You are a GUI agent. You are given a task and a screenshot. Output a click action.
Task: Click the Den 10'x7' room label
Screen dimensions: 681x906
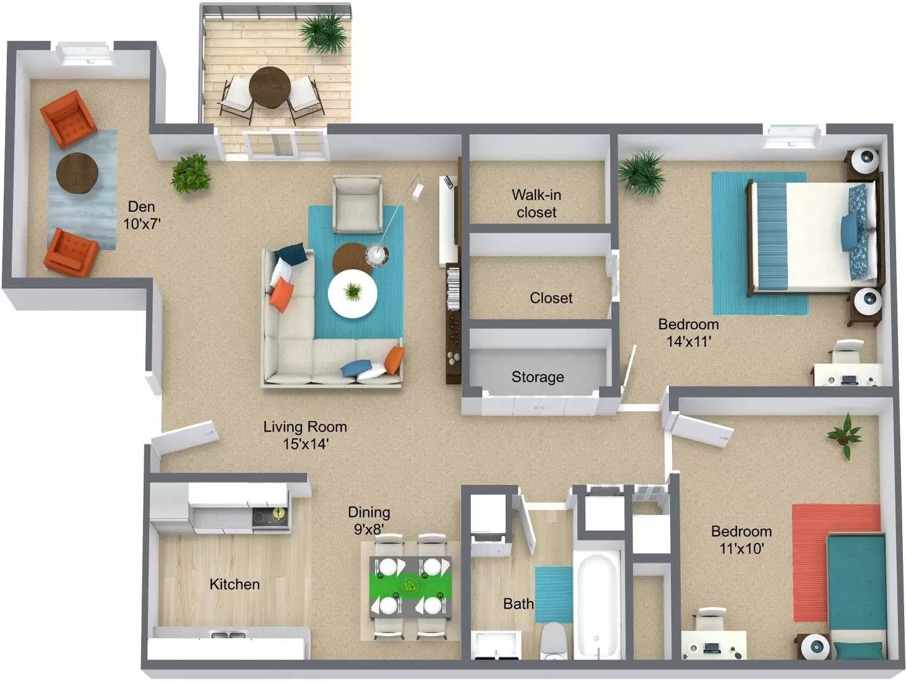142,215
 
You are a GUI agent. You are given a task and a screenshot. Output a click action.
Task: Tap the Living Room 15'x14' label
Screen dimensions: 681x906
305,435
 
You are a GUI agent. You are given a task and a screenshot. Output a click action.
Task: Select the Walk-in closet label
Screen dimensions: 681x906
537,203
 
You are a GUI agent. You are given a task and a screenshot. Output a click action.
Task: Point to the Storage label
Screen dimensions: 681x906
537,377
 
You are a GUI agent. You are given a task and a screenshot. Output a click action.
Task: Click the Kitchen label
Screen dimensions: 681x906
235,584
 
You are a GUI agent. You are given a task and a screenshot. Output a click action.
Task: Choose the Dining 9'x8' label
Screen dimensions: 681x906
369,520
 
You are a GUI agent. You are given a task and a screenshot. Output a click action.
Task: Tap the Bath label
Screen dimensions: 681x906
518,603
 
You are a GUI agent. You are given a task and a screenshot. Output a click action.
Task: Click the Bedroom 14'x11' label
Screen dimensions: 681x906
688,332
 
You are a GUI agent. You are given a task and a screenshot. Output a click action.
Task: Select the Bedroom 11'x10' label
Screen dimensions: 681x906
741,539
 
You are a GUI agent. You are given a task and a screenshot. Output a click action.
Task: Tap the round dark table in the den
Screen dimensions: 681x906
77,172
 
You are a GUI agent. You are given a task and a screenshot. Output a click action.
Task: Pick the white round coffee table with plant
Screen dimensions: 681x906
352,294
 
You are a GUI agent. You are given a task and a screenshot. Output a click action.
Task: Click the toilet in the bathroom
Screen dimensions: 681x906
555,640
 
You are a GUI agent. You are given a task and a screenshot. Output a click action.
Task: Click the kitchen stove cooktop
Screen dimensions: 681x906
269,518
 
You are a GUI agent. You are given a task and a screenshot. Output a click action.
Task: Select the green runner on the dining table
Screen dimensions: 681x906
410,586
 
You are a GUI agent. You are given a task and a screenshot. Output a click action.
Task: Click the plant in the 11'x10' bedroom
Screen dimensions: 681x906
844,434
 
